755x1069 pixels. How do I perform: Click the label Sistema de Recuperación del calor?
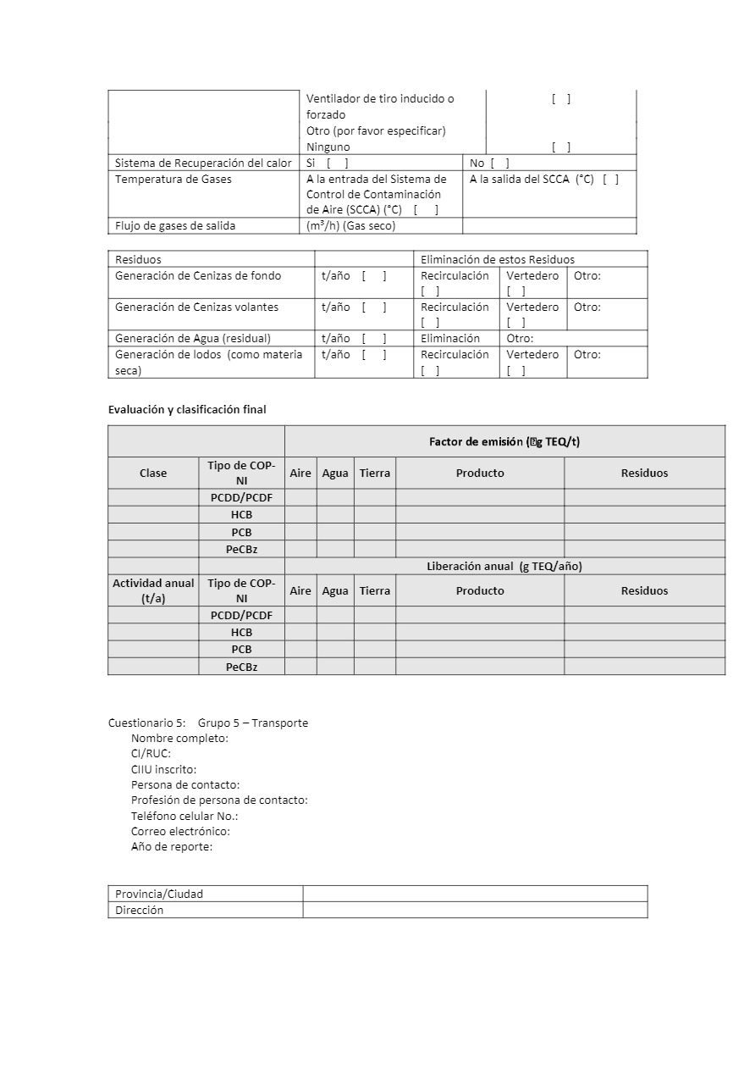click(203, 163)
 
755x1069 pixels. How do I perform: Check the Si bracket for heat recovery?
click(337, 163)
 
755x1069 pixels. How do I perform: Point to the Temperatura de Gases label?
click(174, 179)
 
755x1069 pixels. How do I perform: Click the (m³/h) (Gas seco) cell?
click(350, 225)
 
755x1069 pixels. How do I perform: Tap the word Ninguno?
click(328, 147)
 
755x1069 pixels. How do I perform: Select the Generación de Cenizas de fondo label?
click(198, 275)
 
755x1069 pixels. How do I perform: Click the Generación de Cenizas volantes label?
click(196, 307)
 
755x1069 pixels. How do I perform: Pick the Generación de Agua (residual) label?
click(193, 338)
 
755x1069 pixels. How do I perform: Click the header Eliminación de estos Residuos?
click(498, 259)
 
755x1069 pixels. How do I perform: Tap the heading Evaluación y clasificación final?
click(187, 409)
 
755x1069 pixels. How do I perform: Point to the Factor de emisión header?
click(504, 441)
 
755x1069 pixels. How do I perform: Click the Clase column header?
click(153, 473)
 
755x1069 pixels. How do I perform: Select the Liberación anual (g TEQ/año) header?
click(504, 566)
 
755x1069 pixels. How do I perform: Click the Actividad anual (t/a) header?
click(153, 590)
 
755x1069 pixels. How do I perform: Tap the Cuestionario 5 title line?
click(208, 723)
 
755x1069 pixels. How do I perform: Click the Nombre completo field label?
click(179, 738)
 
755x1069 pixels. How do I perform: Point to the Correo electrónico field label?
click(180, 831)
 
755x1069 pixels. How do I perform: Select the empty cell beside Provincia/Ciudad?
click(475, 894)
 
